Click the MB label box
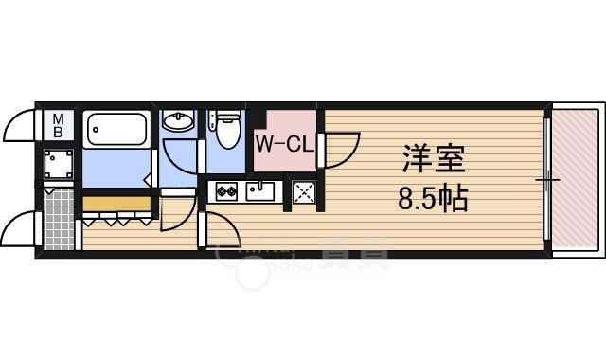59,125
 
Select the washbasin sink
177,120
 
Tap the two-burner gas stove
226,191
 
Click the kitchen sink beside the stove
260,191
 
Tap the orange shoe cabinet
116,203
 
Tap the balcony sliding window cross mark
547,179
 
